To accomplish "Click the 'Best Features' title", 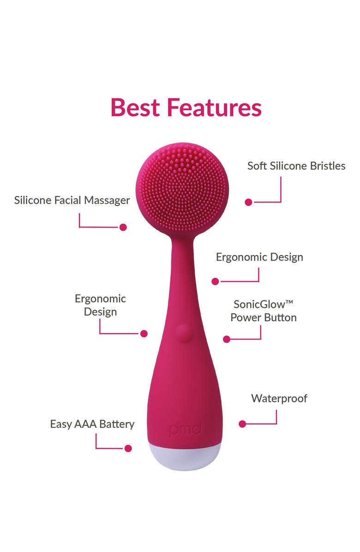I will (x=186, y=107).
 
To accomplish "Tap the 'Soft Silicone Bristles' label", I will (x=296, y=166).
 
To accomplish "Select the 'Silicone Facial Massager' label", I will (x=72, y=200).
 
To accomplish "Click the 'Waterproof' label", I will (x=279, y=398).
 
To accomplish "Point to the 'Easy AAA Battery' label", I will (x=92, y=424).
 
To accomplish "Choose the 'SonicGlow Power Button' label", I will (x=264, y=311).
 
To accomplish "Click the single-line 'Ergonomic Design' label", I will (x=259, y=257).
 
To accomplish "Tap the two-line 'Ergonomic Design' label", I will (x=100, y=305).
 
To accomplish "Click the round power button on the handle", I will (x=183, y=333).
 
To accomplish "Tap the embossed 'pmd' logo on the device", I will (x=185, y=430).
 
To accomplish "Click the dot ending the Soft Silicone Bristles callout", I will (x=248, y=202).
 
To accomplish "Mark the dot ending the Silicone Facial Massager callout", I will (x=123, y=227).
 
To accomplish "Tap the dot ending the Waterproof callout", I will (x=242, y=424).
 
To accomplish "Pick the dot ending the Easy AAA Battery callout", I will (x=128, y=448).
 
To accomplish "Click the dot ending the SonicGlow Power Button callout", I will (x=226, y=339).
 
